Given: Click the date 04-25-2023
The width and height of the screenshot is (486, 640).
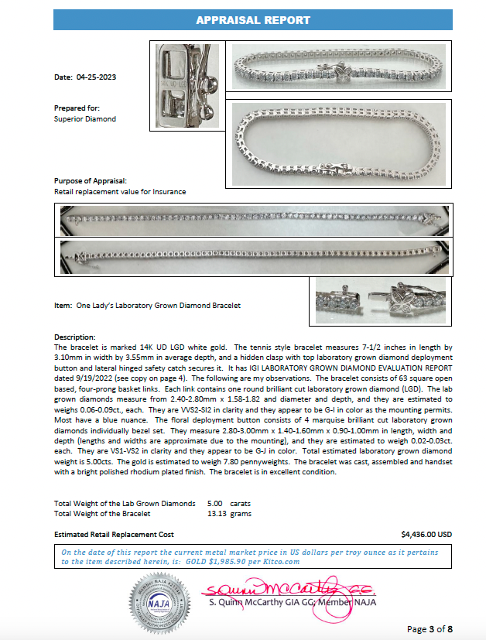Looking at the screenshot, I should tap(96, 77).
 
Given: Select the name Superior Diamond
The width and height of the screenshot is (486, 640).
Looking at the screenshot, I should tap(84, 119).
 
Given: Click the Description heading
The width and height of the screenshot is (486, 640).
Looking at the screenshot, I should tap(75, 337).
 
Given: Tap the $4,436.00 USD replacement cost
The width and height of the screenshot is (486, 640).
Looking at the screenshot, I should tap(426, 534).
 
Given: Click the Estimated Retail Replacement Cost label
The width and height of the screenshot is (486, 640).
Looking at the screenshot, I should tap(114, 534).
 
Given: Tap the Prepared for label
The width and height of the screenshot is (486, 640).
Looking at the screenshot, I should tap(77, 108).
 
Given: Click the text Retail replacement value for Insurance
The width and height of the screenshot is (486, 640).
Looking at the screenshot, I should tap(120, 190).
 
